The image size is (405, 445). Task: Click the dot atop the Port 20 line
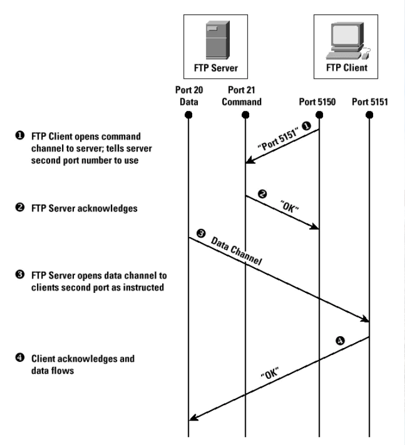(189, 115)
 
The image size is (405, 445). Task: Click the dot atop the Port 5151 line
(370, 115)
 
